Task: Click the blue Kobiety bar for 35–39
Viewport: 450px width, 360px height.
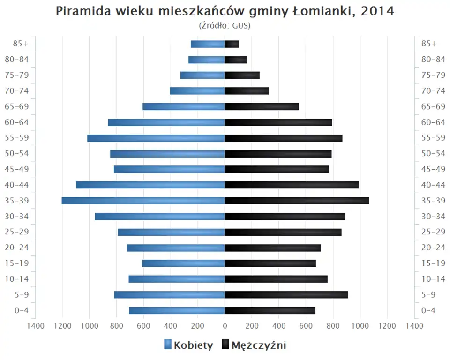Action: click(x=143, y=201)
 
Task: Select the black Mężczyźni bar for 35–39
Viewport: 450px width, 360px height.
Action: click(x=297, y=201)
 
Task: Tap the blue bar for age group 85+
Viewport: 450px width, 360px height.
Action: click(x=208, y=44)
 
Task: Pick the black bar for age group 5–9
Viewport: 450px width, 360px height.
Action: click(x=286, y=295)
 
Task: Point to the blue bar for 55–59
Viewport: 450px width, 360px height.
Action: click(x=156, y=138)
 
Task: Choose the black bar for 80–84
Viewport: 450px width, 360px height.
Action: click(x=236, y=60)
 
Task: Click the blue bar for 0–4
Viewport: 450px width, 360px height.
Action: click(x=177, y=310)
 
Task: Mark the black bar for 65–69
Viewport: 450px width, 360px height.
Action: click(x=262, y=107)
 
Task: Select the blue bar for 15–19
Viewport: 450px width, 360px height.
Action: click(x=183, y=263)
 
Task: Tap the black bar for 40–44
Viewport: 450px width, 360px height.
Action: click(x=292, y=185)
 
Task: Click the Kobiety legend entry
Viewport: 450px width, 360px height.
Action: click(x=188, y=345)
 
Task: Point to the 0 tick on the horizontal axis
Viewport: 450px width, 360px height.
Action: click(x=225, y=325)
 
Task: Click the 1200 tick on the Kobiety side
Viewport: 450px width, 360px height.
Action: click(x=62, y=325)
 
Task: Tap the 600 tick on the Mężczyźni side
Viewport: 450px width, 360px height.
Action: click(x=306, y=325)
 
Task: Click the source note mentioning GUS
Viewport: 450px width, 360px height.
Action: click(x=225, y=25)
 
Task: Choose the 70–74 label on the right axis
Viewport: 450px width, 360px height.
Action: click(x=433, y=91)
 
